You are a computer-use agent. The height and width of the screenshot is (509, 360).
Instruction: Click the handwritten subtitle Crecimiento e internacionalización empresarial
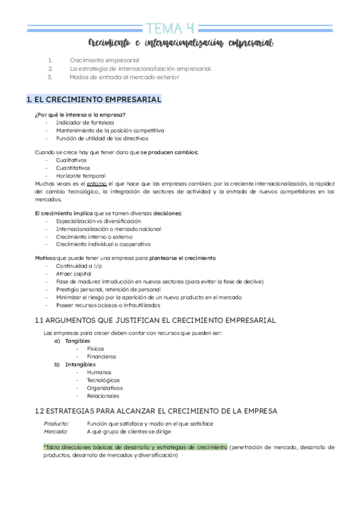pyautogui.click(x=181, y=43)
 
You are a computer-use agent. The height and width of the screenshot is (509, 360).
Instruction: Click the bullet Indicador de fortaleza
pyautogui.click(x=85, y=122)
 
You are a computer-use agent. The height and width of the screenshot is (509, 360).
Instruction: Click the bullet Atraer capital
pyautogui.click(x=74, y=274)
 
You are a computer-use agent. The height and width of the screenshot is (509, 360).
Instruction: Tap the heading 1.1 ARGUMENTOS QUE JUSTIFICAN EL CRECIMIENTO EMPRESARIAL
pyautogui.click(x=155, y=321)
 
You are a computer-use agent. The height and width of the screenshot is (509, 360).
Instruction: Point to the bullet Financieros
pyautogui.click(x=101, y=357)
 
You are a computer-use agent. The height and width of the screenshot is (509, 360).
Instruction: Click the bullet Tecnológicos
pyautogui.click(x=103, y=380)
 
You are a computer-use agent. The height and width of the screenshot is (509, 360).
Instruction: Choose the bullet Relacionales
pyautogui.click(x=103, y=396)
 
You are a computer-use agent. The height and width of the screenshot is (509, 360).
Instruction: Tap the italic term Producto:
pyautogui.click(x=56, y=424)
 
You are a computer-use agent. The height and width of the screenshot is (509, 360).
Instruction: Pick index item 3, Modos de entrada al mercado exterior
pyautogui.click(x=124, y=77)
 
